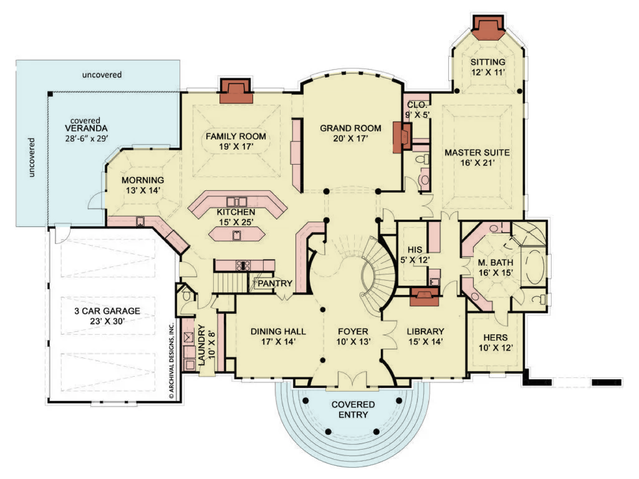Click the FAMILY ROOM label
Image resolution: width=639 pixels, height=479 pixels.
coord(236,136)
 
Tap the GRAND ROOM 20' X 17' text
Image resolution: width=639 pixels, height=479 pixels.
coord(350,133)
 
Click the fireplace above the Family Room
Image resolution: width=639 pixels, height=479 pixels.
coord(236,91)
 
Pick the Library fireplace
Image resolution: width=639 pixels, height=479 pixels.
coord(424,296)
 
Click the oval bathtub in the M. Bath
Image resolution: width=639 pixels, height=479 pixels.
coord(534,266)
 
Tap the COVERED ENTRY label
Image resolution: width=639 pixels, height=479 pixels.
coord(353,409)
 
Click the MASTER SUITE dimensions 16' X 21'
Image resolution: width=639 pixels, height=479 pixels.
coord(477,163)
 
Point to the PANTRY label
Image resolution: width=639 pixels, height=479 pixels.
coord(275,283)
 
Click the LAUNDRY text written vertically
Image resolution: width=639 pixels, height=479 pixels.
coord(202,345)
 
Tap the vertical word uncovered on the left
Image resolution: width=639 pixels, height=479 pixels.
coord(31,158)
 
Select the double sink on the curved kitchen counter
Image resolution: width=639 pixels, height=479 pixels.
coord(237,202)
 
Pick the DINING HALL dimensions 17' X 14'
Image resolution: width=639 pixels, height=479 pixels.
coord(278,342)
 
